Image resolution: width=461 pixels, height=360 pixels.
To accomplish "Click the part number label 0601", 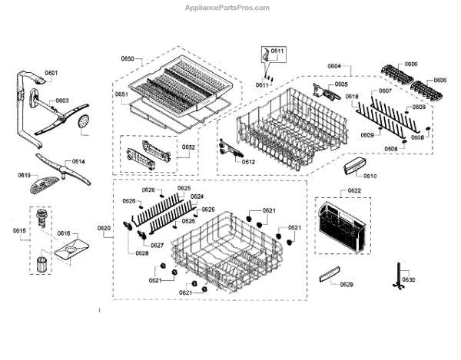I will pyautogui.click(x=51, y=73).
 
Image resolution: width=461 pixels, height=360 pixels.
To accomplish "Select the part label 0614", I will pyautogui.click(x=78, y=162).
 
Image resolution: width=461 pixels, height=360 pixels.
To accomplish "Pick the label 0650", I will pyautogui.click(x=128, y=59).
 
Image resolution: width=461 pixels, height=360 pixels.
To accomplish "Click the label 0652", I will pyautogui.click(x=188, y=147).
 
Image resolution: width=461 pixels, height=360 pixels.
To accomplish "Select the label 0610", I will pyautogui.click(x=370, y=176).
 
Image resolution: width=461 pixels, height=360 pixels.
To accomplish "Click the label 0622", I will pyautogui.click(x=354, y=190).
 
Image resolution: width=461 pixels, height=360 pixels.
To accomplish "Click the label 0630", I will pyautogui.click(x=408, y=280).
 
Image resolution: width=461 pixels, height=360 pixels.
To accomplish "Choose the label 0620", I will pyautogui.click(x=104, y=228).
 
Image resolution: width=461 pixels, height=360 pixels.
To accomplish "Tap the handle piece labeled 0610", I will pyautogui.click(x=352, y=164).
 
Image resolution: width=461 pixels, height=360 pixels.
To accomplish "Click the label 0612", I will pyautogui.click(x=248, y=162).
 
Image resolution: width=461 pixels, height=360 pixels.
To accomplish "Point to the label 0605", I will pyautogui.click(x=341, y=84).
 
